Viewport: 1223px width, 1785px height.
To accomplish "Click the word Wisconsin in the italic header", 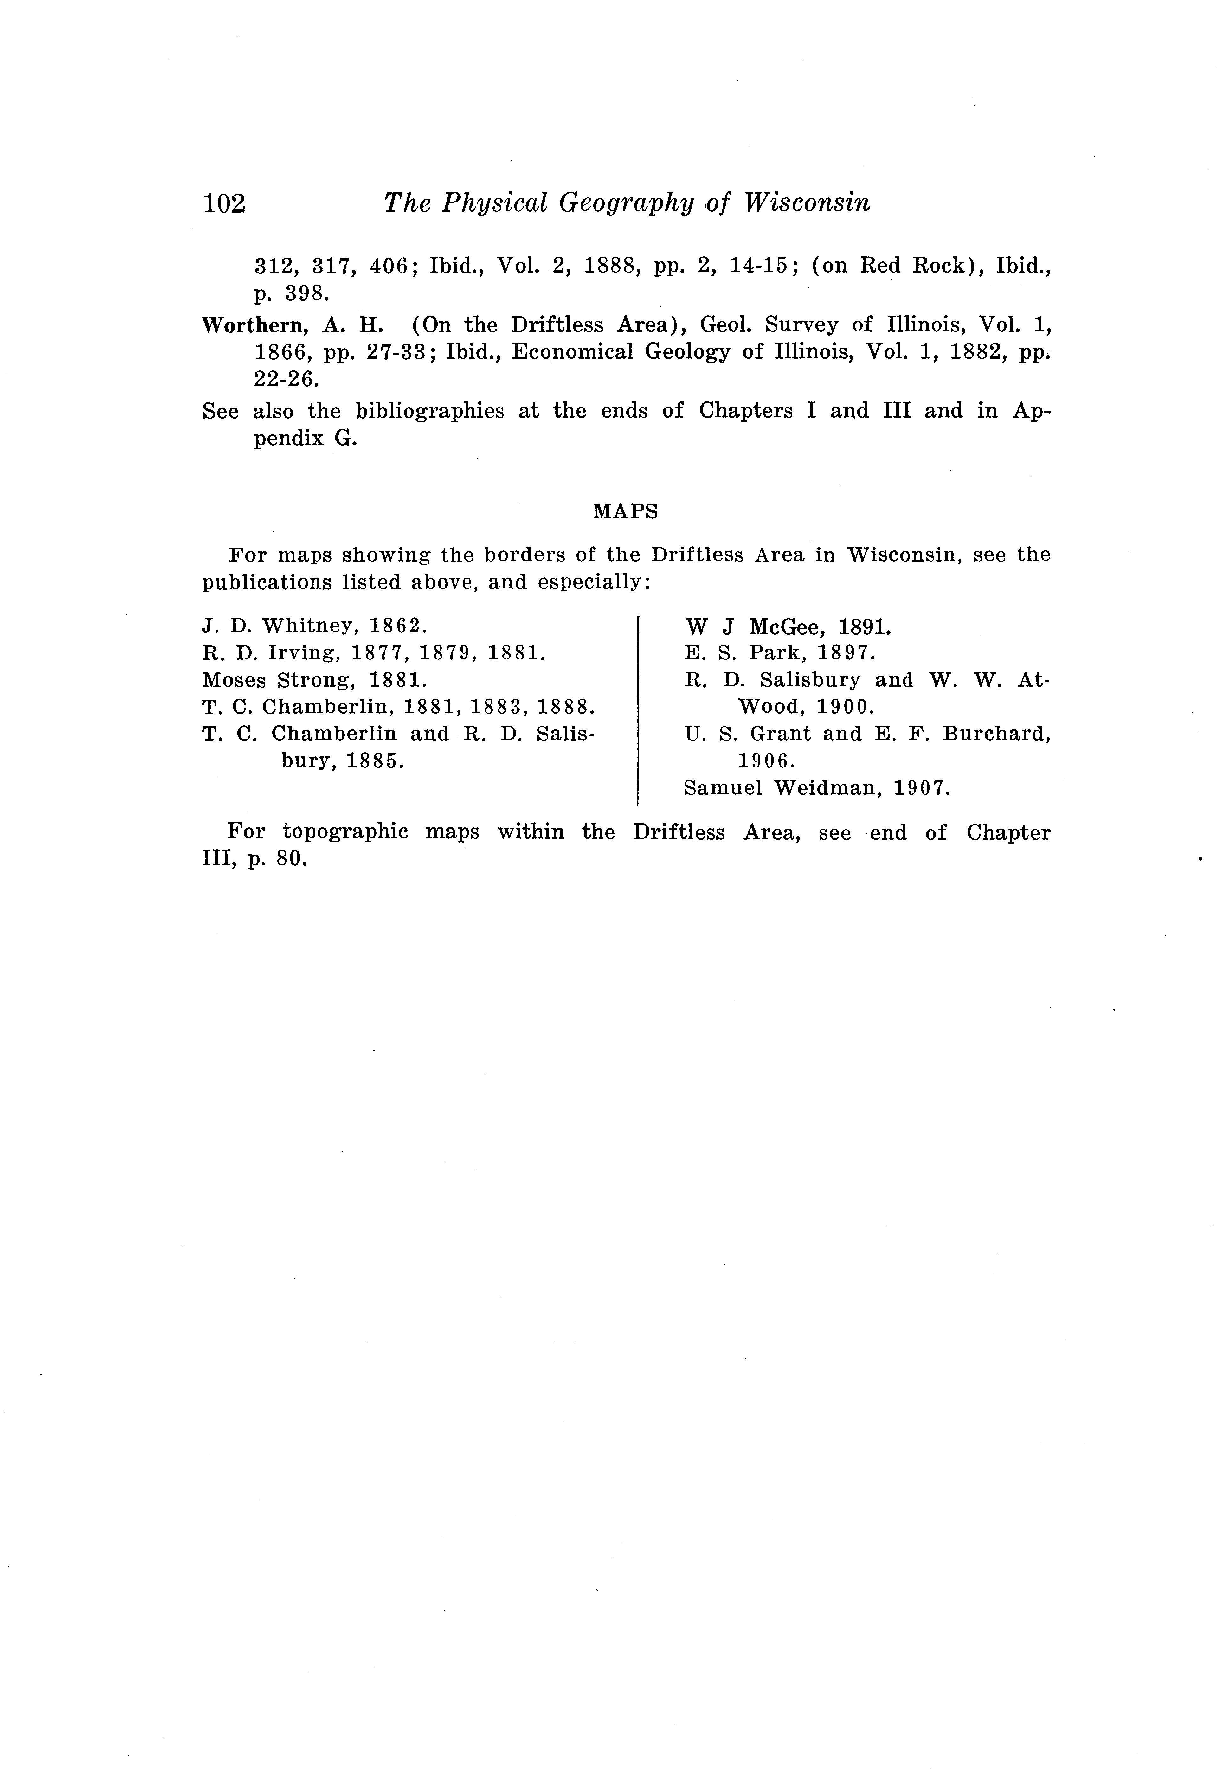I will coord(808,203).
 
